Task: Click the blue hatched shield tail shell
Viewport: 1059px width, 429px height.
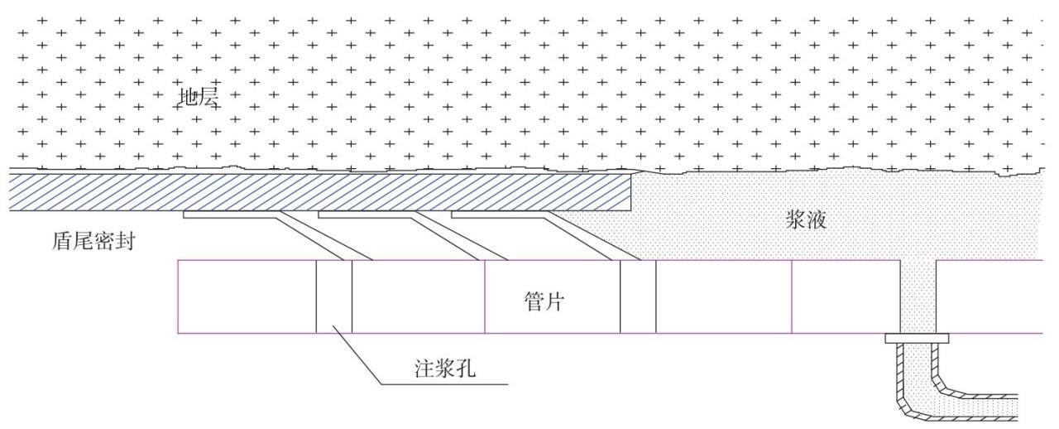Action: click(x=331, y=191)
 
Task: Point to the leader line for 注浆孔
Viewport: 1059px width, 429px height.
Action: click(x=360, y=356)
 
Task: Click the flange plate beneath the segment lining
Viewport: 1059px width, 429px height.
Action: click(x=917, y=339)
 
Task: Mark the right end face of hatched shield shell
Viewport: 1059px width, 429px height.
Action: click(x=632, y=191)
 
